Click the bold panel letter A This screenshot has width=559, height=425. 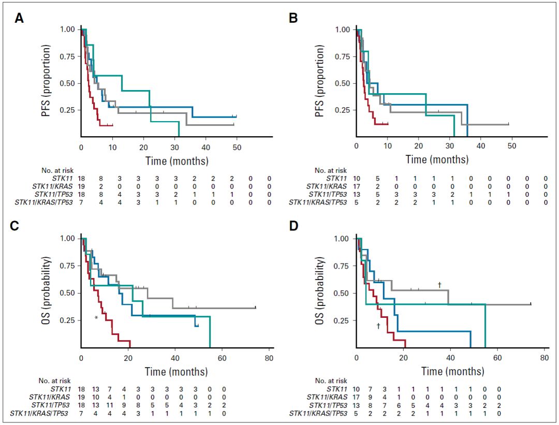(x=19, y=19)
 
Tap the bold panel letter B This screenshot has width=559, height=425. (x=293, y=19)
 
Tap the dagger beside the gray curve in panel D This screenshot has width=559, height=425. (x=439, y=284)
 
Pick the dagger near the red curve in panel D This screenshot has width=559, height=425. (x=378, y=326)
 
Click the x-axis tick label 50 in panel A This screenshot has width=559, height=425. (x=237, y=148)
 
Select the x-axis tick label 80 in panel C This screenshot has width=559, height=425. (x=269, y=358)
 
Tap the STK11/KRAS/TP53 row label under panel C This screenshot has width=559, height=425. (x=45, y=413)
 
